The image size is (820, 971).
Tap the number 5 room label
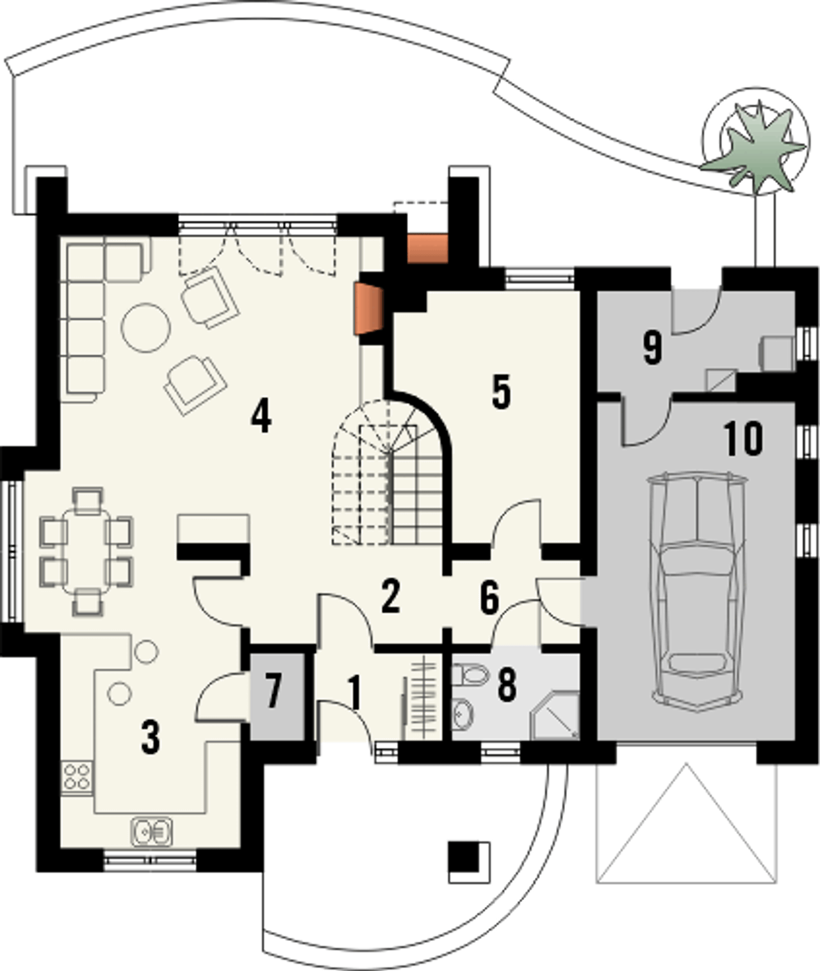pos(502,393)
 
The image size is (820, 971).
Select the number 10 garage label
pos(743,439)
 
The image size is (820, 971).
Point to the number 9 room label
pos(653,347)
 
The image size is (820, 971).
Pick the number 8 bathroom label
pos(507,685)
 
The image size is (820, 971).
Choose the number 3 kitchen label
pos(151,737)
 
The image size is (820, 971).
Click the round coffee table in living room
pos(145,327)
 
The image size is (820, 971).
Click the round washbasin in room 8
pos(463,714)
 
